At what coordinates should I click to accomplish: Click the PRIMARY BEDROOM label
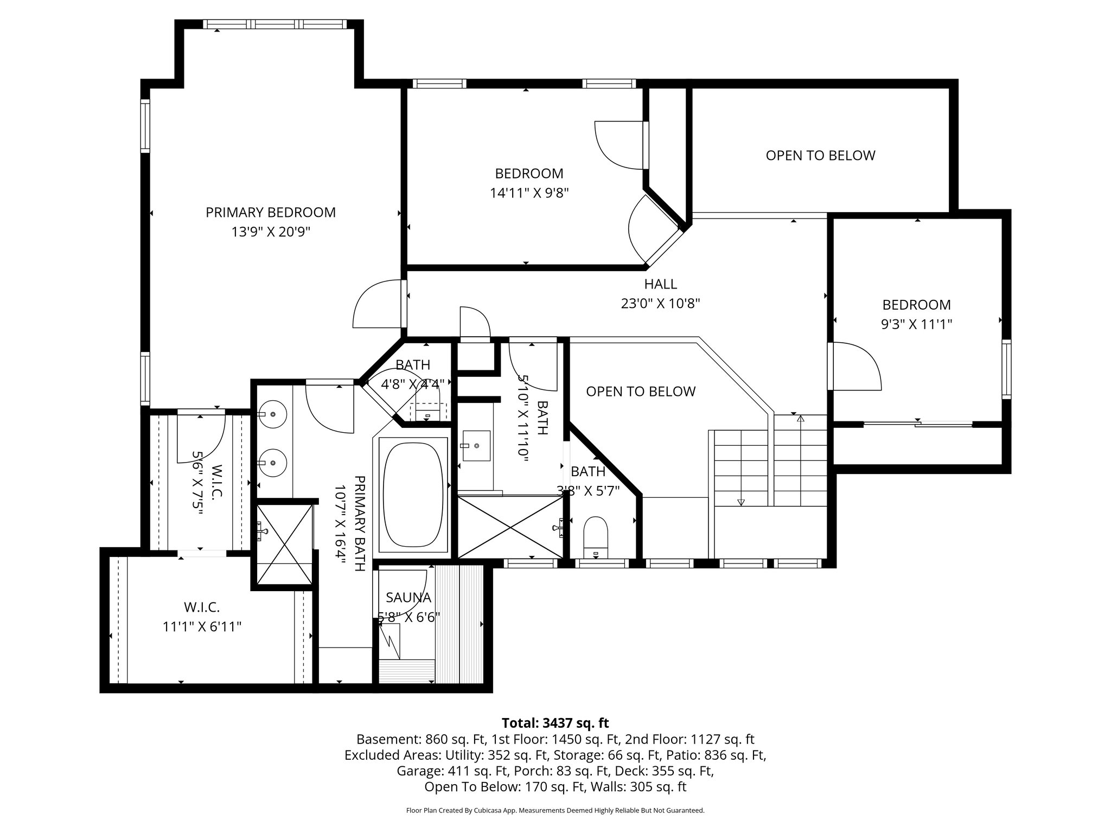pyautogui.click(x=270, y=213)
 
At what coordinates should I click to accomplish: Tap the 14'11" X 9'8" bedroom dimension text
pyautogui.click(x=529, y=193)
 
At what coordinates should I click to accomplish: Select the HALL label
pyautogui.click(x=660, y=284)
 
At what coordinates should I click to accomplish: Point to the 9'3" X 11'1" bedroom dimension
pyautogui.click(x=916, y=324)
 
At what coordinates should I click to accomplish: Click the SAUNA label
pyautogui.click(x=408, y=598)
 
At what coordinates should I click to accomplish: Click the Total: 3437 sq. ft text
pyautogui.click(x=555, y=723)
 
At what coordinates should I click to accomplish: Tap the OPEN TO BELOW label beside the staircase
pyautogui.click(x=641, y=392)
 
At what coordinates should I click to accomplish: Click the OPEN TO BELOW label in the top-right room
pyautogui.click(x=820, y=156)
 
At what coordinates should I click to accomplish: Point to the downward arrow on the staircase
pyautogui.click(x=741, y=502)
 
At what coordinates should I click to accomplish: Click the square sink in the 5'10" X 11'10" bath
pyautogui.click(x=476, y=445)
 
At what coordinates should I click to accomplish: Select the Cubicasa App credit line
pyautogui.click(x=555, y=811)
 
